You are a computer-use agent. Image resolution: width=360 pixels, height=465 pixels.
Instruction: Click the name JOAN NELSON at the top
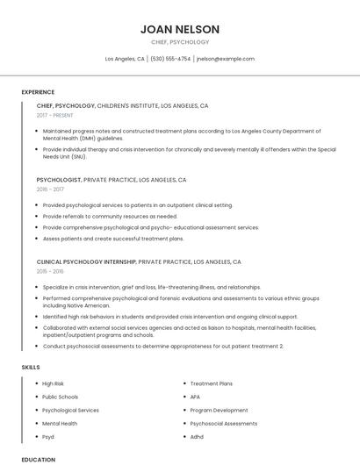click(180, 29)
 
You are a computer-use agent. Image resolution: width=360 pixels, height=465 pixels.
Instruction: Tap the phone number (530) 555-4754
click(170, 59)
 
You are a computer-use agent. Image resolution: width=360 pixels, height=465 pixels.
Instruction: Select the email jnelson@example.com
click(226, 59)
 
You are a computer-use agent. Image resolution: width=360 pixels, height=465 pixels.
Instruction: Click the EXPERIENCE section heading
click(38, 92)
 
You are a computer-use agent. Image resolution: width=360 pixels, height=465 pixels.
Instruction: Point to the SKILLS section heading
click(31, 366)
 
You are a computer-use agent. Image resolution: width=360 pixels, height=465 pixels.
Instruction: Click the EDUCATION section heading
click(39, 459)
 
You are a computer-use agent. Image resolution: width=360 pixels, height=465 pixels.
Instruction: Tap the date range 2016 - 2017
click(50, 189)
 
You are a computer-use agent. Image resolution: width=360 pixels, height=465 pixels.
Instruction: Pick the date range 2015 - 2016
click(50, 271)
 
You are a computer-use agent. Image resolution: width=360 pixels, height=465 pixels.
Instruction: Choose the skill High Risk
click(54, 383)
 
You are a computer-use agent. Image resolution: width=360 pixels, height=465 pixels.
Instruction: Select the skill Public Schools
click(61, 397)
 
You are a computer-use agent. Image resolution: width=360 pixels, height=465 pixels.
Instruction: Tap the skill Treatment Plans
click(212, 383)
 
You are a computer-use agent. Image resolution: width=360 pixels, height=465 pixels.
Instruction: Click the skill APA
click(195, 397)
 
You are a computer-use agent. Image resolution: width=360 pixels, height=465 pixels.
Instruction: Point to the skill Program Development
click(219, 410)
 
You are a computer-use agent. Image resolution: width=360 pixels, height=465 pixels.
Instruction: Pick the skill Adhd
click(197, 436)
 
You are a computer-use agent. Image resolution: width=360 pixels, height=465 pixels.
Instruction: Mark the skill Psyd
click(48, 436)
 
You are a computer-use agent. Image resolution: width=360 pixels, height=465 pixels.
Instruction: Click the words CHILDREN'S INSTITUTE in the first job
click(126, 105)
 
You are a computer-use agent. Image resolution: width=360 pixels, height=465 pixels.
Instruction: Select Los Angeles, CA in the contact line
click(125, 59)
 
